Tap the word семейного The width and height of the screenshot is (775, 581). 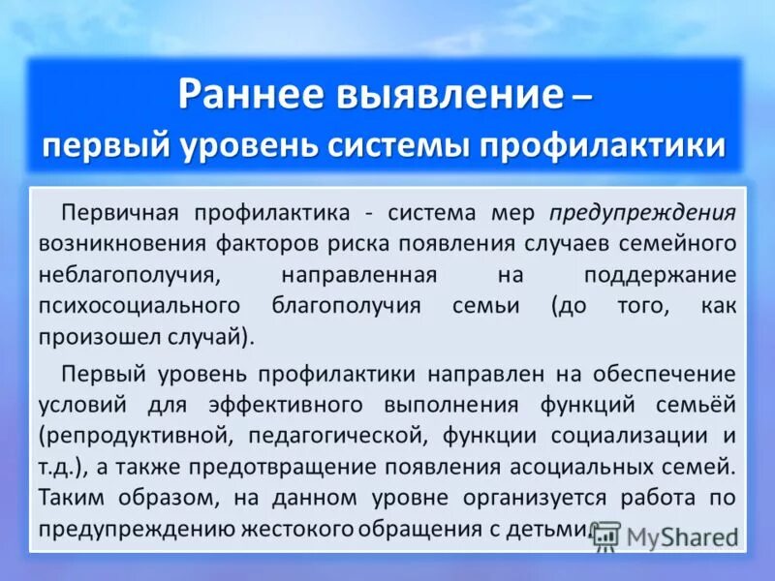676,243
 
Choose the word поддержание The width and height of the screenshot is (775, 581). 661,275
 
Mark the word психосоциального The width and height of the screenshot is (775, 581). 139,306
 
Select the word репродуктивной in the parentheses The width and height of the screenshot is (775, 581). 132,435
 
